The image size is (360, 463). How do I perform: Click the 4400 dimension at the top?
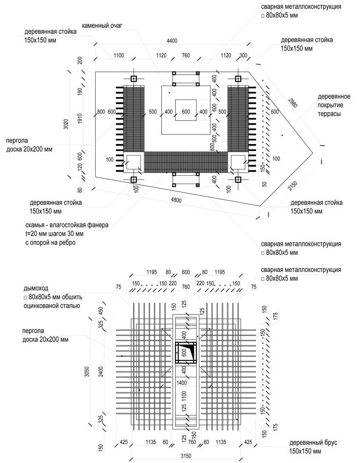coord(172,41)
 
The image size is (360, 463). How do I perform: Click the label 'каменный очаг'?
coord(101,25)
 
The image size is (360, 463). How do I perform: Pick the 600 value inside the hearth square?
coord(186,112)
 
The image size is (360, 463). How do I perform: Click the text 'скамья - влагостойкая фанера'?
coord(67,226)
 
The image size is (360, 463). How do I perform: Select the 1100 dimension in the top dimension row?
coord(119,56)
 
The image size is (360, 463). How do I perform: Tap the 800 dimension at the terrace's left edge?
coord(101,112)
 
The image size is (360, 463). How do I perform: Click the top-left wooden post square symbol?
coord(134,79)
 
